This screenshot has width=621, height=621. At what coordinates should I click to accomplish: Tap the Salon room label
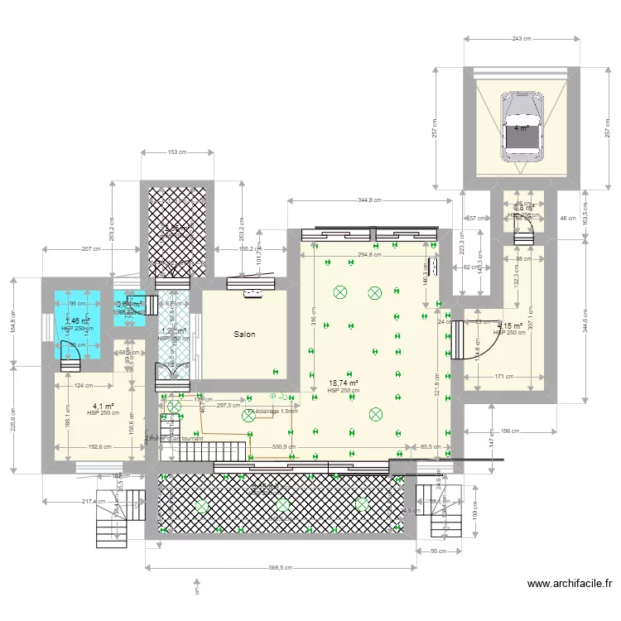click(244, 335)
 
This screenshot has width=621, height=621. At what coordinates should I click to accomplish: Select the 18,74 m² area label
click(344, 383)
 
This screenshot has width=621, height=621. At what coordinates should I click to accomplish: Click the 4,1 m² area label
click(103, 407)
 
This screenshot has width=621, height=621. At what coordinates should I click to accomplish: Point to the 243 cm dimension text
click(522, 39)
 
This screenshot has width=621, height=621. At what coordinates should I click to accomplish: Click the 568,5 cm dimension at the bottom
click(282, 568)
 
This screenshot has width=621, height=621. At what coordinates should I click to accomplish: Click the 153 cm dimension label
click(176, 152)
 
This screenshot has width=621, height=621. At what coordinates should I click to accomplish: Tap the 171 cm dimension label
click(504, 378)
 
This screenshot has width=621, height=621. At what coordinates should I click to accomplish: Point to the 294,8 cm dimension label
click(371, 255)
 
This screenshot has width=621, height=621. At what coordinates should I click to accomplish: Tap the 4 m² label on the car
click(522, 128)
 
